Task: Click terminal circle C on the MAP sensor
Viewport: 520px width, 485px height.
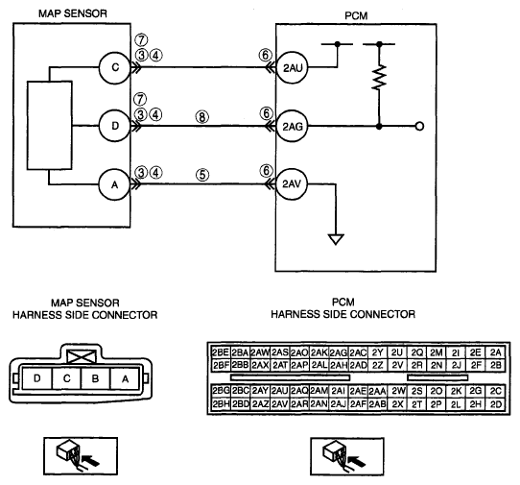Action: pyautogui.click(x=115, y=68)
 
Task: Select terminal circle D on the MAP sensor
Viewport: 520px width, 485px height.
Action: pyautogui.click(x=115, y=126)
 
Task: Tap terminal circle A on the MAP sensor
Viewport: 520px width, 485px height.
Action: pyautogui.click(x=114, y=184)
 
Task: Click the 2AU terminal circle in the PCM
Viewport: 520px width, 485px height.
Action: pyautogui.click(x=293, y=68)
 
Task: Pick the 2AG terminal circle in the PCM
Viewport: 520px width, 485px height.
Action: pyautogui.click(x=293, y=126)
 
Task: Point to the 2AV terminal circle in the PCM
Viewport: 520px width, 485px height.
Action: pyautogui.click(x=292, y=183)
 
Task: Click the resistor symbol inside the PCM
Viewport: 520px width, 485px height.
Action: pyautogui.click(x=379, y=78)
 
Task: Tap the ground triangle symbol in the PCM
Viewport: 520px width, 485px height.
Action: pyautogui.click(x=336, y=239)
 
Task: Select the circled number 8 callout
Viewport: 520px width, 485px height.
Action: pyautogui.click(x=202, y=116)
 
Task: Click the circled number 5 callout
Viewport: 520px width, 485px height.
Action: pyautogui.click(x=202, y=175)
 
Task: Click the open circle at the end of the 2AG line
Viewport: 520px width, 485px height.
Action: pyautogui.click(x=419, y=127)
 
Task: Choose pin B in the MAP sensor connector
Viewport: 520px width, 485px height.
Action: pyautogui.click(x=95, y=378)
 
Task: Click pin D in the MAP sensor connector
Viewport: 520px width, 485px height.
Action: pyautogui.click(x=37, y=378)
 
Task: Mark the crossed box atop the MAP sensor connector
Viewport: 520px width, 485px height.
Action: pyautogui.click(x=82, y=356)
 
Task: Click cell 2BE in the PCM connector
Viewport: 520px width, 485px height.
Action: pyautogui.click(x=221, y=352)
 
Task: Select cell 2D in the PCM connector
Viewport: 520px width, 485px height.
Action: pyautogui.click(x=496, y=404)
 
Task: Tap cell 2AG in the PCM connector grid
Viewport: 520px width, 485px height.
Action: pyautogui.click(x=339, y=352)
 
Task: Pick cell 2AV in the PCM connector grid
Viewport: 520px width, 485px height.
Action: pyautogui.click(x=279, y=404)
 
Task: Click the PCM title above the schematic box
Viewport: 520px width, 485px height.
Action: pyautogui.click(x=356, y=15)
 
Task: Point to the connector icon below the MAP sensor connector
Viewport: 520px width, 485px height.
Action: pyautogui.click(x=81, y=456)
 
